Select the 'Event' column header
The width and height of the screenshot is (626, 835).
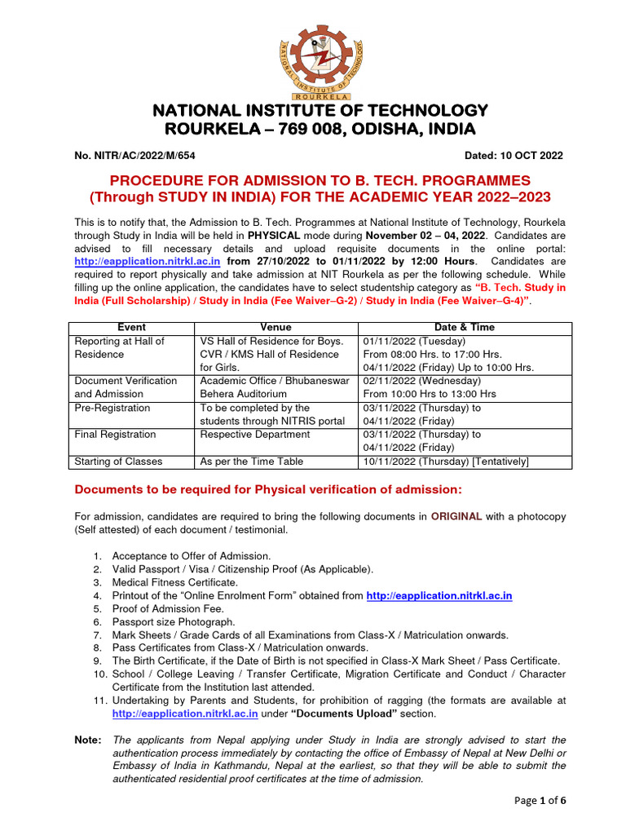point(132,328)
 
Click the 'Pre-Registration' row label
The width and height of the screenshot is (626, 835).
point(112,408)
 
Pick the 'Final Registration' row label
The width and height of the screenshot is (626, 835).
point(115,435)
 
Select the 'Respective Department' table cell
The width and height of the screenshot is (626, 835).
point(255,435)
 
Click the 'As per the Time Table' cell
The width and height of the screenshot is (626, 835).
point(252,462)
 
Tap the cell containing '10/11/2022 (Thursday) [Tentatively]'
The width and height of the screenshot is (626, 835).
point(447,462)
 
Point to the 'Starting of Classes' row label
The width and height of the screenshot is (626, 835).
point(118,462)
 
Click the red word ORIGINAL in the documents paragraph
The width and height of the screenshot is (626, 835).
point(456,516)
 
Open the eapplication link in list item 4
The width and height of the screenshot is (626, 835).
point(439,596)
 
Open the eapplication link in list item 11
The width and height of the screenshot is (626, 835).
point(185,714)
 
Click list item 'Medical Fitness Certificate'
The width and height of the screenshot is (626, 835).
point(175,582)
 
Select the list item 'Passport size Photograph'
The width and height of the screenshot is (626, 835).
point(174,621)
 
